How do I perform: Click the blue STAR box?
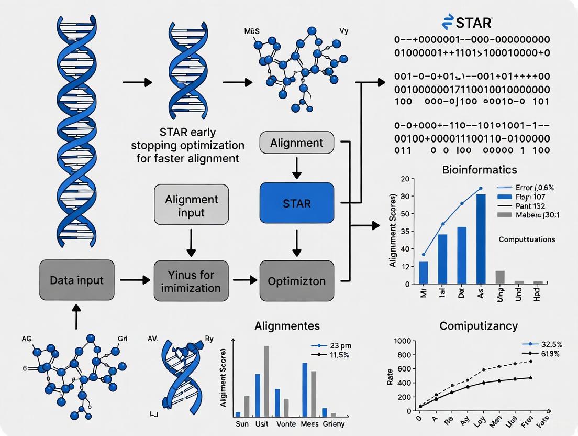[296, 202]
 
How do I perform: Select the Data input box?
[76, 280]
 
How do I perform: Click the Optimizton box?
[296, 281]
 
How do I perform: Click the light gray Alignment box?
[296, 143]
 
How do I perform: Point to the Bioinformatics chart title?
[480, 170]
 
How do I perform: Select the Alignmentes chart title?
[287, 325]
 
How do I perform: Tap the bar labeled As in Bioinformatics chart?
[481, 239]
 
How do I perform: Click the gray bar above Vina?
[500, 277]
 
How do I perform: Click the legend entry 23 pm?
[329, 346]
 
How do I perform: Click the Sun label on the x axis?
[243, 424]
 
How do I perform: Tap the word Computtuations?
[527, 239]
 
